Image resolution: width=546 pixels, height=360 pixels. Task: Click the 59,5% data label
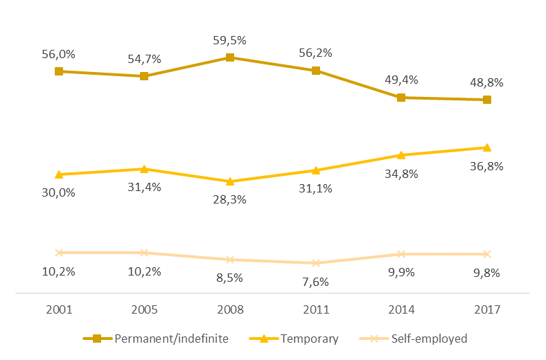(x=230, y=40)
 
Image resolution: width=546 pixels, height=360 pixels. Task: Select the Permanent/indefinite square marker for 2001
(x=59, y=71)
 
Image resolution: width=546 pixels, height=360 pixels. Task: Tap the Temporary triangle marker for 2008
(x=230, y=181)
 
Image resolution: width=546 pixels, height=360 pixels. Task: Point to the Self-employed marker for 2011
(x=315, y=263)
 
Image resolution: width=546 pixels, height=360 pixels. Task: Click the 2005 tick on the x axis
(x=144, y=309)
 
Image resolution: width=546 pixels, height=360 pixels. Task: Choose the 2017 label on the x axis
(x=486, y=309)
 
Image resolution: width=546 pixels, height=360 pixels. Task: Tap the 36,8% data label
(x=486, y=166)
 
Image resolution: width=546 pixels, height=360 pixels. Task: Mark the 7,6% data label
(x=315, y=282)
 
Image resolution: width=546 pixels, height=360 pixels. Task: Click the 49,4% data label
(x=401, y=80)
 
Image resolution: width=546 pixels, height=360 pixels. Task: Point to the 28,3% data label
(x=230, y=200)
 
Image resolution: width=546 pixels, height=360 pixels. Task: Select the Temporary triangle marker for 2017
(x=486, y=147)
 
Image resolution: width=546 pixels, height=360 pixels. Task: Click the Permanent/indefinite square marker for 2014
(x=401, y=98)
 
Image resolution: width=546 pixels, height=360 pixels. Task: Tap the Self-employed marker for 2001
(x=59, y=253)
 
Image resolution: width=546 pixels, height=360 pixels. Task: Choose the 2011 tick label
(x=315, y=309)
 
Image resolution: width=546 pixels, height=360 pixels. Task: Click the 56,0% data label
(x=59, y=53)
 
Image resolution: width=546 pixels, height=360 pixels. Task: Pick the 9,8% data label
(x=486, y=272)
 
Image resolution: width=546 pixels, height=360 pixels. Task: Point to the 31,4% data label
(x=144, y=188)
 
